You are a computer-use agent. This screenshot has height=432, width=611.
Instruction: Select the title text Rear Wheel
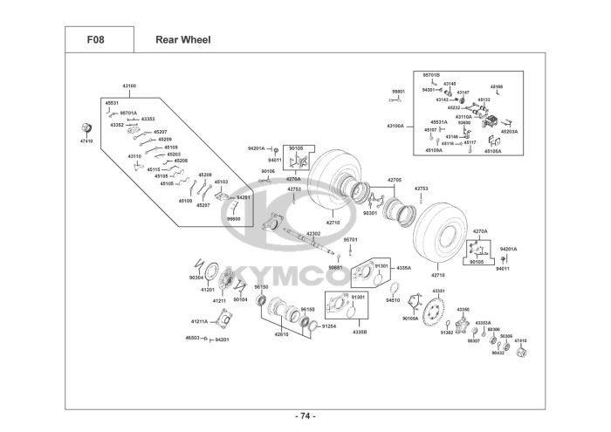click(182, 39)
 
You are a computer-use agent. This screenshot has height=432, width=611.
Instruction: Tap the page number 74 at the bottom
click(305, 415)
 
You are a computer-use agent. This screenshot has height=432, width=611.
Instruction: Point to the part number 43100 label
click(129, 86)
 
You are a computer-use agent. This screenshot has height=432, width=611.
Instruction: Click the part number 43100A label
click(395, 126)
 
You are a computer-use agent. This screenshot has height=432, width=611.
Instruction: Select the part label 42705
click(395, 180)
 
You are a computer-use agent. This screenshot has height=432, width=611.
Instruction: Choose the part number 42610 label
click(281, 334)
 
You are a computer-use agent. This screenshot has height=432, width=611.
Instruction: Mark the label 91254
click(329, 325)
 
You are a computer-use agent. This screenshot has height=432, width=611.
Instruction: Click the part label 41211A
click(199, 321)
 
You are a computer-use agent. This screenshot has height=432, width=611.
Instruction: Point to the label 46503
click(193, 338)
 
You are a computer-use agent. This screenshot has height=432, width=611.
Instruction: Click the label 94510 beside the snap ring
click(393, 299)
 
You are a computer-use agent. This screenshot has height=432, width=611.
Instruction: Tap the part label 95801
click(398, 91)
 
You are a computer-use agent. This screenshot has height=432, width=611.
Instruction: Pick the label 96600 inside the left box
click(234, 219)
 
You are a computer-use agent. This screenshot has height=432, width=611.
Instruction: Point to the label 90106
click(268, 171)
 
